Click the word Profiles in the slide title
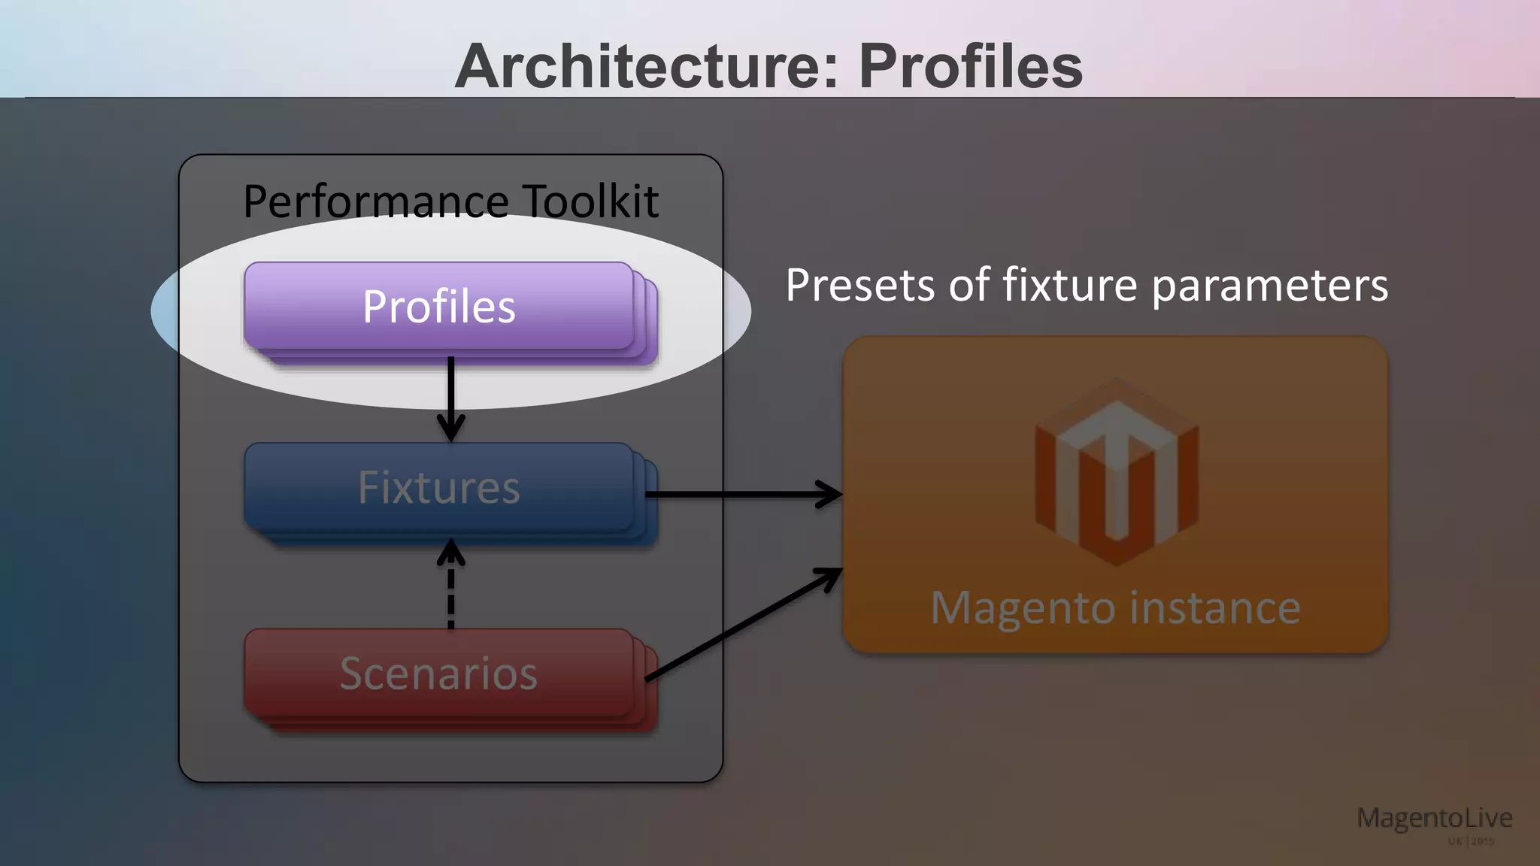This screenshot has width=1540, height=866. (970, 66)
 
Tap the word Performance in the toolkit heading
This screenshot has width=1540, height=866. (376, 201)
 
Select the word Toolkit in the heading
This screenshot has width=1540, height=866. (590, 201)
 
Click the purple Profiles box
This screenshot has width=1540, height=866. (439, 307)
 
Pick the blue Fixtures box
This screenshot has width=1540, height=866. (439, 487)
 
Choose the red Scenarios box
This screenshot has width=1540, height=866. (439, 673)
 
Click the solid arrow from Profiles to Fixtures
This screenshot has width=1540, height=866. (450, 398)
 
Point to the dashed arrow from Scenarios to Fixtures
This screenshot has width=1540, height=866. (450, 586)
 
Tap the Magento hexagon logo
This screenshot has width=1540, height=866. (1117, 472)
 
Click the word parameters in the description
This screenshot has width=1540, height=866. (1269, 287)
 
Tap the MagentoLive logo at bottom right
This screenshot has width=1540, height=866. (1434, 818)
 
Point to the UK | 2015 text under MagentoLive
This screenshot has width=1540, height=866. (1471, 841)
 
